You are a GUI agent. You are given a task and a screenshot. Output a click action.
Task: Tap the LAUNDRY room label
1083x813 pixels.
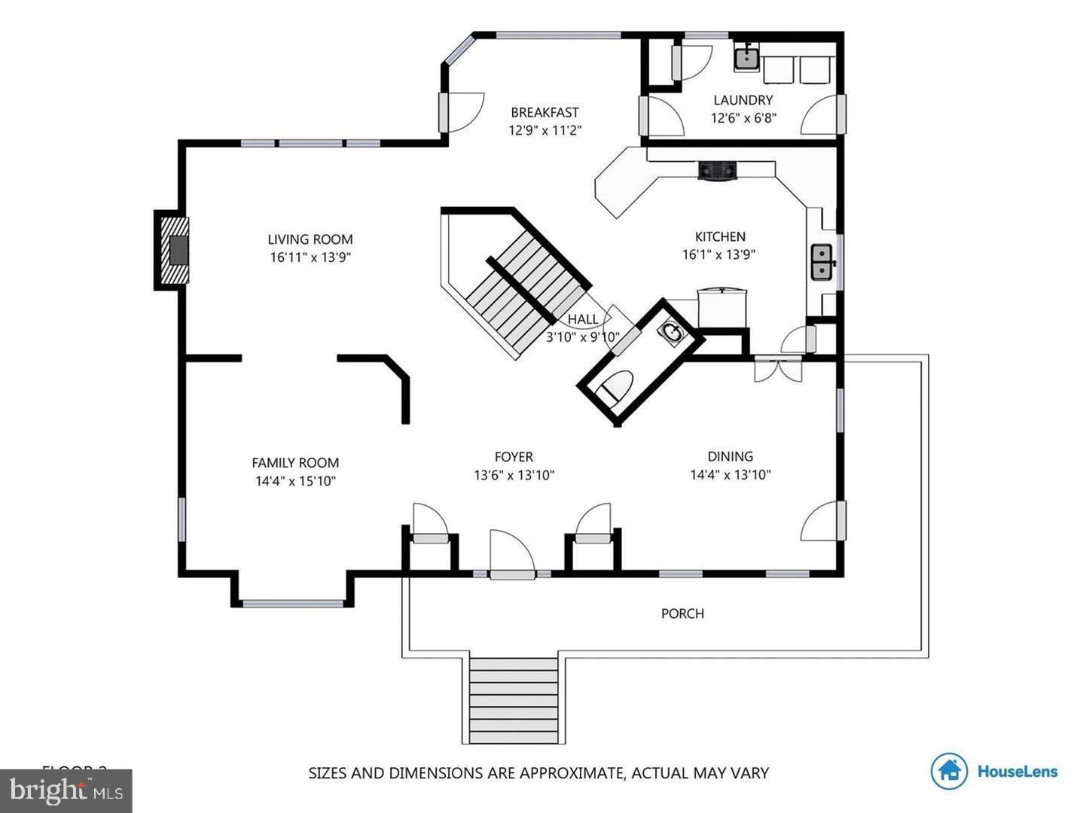743,100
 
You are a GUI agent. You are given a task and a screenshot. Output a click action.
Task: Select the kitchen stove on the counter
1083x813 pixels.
717,171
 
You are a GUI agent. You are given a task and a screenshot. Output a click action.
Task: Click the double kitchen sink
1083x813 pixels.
821,262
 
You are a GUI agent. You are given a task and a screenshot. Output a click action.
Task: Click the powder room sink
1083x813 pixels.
670,331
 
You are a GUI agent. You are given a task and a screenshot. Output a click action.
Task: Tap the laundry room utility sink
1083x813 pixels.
746,57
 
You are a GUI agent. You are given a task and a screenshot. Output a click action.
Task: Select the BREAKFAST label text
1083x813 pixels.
545,112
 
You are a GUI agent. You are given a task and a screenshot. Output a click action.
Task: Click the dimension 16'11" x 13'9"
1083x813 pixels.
310,257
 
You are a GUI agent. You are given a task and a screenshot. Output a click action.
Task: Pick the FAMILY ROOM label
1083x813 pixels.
295,463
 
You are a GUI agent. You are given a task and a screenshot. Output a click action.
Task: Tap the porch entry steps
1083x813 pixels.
514,700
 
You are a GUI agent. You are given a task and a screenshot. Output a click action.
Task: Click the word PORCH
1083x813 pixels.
682,614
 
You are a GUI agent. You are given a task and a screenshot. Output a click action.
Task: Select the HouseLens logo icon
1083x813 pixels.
949,771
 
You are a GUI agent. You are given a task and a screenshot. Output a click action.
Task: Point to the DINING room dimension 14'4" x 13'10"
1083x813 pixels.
730,475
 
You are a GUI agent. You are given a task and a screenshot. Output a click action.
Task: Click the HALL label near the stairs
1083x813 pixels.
583,319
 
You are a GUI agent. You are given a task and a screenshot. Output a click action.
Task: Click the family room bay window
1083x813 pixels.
292,603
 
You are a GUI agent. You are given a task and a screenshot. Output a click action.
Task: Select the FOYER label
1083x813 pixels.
514,457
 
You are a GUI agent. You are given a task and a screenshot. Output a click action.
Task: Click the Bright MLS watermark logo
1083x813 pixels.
66,790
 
